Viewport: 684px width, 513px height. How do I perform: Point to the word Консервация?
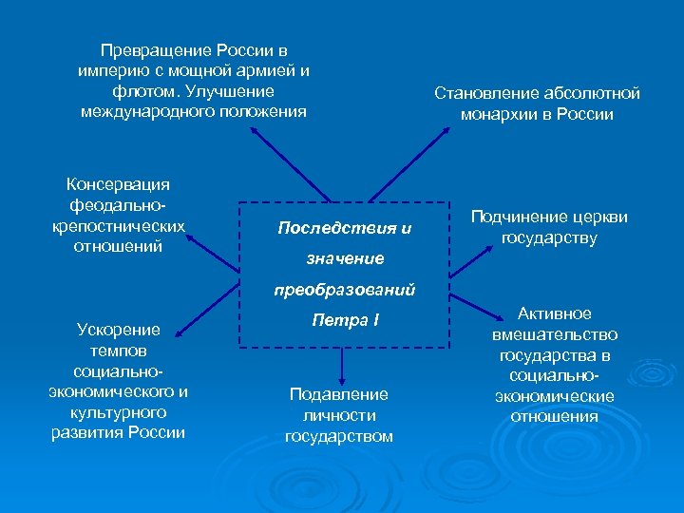click(x=118, y=183)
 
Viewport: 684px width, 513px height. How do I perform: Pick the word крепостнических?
click(x=118, y=225)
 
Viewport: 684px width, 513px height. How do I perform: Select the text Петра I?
click(x=345, y=320)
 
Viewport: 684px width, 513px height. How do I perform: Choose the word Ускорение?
click(x=118, y=330)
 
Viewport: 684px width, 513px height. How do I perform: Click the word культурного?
click(x=118, y=413)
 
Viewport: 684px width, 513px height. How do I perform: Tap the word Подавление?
click(x=339, y=393)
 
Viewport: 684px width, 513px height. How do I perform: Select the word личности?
click(x=339, y=415)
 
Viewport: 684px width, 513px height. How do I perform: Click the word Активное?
click(x=554, y=313)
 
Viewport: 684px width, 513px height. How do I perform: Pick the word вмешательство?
click(x=554, y=334)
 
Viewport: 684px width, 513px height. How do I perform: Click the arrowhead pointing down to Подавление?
click(x=340, y=376)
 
